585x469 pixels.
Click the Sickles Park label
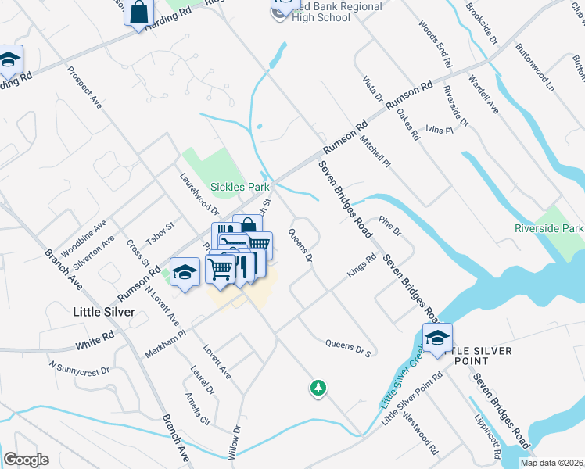pyautogui.click(x=240, y=187)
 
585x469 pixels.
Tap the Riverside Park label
pyautogui.click(x=549, y=228)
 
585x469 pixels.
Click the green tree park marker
pyautogui.click(x=318, y=387)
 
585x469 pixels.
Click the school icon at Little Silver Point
pyautogui.click(x=437, y=338)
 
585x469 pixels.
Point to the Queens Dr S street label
pyautogui.click(x=348, y=347)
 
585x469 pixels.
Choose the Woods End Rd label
pyautogui.click(x=436, y=44)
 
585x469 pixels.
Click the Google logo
pyautogui.click(x=26, y=460)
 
